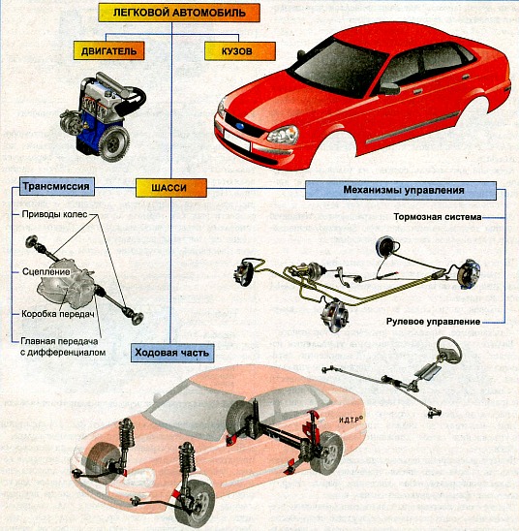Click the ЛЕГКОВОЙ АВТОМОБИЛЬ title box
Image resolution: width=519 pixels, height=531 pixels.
pos(179,13)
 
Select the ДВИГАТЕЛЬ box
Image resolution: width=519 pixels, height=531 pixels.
pos(109,50)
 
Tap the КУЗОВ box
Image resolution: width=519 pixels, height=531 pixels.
pos(240,51)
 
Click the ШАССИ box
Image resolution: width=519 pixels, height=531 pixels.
pos(171,188)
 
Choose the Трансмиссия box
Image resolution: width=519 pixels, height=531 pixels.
pos(56,186)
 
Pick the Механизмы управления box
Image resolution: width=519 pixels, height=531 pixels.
pos(401,190)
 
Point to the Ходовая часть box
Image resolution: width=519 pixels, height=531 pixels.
pos(172,353)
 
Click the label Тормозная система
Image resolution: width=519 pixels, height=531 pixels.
pos(437,217)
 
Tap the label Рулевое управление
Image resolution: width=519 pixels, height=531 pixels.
pos(433,322)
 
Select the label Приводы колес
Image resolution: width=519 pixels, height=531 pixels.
pos(54,214)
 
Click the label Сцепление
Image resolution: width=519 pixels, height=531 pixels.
pos(46,272)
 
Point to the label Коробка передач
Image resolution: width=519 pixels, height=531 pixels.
pos(57,314)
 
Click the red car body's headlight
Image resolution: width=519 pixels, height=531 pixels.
pos(283,135)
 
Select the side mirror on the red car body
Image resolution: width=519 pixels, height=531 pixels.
pos(389,88)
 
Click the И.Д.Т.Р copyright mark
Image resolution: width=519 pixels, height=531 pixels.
pos(351,420)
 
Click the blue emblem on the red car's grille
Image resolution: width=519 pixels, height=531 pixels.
pos(240,126)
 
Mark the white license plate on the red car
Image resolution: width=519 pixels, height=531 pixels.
pos(237,141)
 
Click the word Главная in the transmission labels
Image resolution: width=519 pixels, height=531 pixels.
pos(38,341)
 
